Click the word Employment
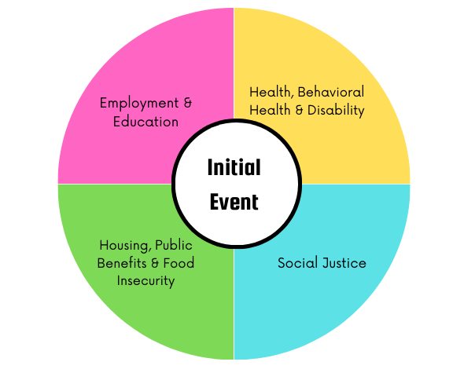pos(139,104)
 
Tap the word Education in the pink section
pos(146,122)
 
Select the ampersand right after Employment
pos(188,103)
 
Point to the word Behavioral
pos(331,92)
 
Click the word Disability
pos(336,111)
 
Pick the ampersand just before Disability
pos(299,110)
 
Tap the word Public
pos(174,245)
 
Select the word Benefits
pos(122,263)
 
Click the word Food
pos(179,263)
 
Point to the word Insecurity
pos(146,281)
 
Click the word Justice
pos(344,263)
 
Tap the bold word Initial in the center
pos(234,167)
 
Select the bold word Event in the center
pos(234,202)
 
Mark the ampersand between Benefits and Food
pos(155,263)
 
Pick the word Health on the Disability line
pos(270,110)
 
